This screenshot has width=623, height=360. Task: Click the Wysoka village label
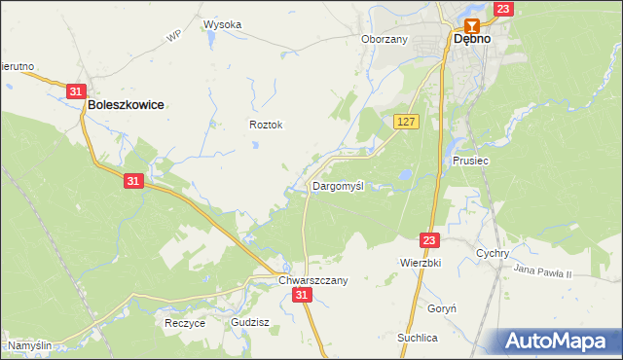point(222,25)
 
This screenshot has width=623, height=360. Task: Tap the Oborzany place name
point(384,40)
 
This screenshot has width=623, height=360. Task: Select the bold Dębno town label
point(471,40)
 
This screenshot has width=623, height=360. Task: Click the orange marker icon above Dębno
point(472,25)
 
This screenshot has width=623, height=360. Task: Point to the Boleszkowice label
point(126,103)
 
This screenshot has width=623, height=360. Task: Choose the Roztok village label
point(266,125)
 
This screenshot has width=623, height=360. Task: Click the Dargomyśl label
point(338,185)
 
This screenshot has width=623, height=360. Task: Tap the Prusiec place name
point(470,161)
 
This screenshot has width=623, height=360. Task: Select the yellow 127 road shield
point(407,121)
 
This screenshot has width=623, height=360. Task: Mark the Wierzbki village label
point(421,263)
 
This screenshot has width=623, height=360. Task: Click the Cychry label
point(494,253)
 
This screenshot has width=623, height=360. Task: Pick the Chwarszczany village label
point(312,279)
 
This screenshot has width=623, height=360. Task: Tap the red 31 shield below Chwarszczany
point(303,295)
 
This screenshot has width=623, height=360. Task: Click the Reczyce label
point(185,323)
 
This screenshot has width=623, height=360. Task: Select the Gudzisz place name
point(250,321)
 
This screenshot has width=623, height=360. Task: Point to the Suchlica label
point(417,337)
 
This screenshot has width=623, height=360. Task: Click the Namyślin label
point(29,345)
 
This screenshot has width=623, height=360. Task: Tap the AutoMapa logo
point(559,341)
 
